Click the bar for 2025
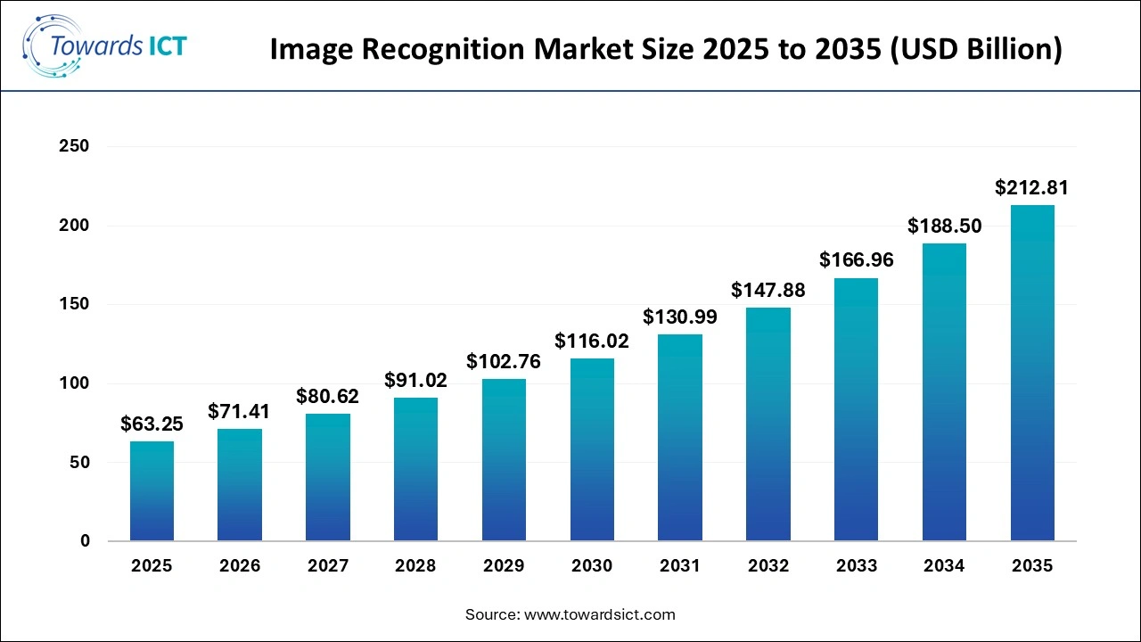152,491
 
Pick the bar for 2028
415,469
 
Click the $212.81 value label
1031,188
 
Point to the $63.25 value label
152,424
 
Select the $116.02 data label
592,341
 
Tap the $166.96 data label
856,260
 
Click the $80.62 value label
327,396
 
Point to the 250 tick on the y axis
74,146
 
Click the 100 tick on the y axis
74,383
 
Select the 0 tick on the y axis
85,541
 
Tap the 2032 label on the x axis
768,566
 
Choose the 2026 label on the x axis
240,566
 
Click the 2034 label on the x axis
944,566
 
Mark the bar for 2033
856,409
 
